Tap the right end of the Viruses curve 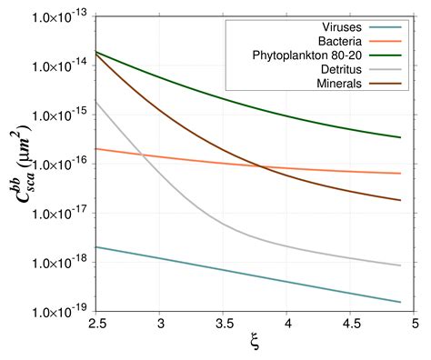(401, 302)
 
